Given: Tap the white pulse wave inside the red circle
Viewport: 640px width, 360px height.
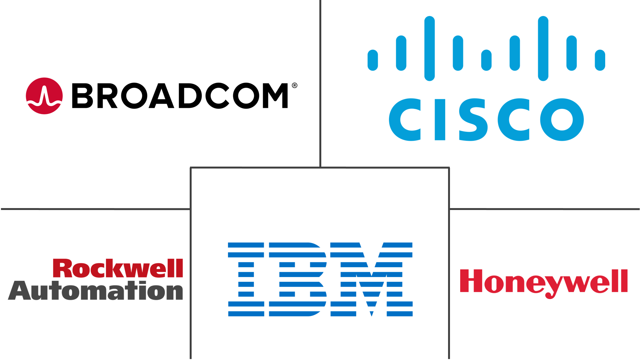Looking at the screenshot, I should click(44, 97).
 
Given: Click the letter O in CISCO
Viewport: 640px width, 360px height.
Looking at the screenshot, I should click(562, 119).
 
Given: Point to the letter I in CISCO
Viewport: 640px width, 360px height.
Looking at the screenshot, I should click(440, 119).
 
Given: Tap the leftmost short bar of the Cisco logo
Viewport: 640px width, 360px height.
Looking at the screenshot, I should click(373, 60).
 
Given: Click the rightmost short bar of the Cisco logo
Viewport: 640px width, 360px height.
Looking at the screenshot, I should click(600, 60).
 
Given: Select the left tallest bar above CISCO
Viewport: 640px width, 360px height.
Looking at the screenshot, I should click(430, 49).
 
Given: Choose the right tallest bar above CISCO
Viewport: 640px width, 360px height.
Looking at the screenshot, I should click(543, 49).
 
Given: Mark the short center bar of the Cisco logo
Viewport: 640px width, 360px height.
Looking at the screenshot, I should click(486, 60).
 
